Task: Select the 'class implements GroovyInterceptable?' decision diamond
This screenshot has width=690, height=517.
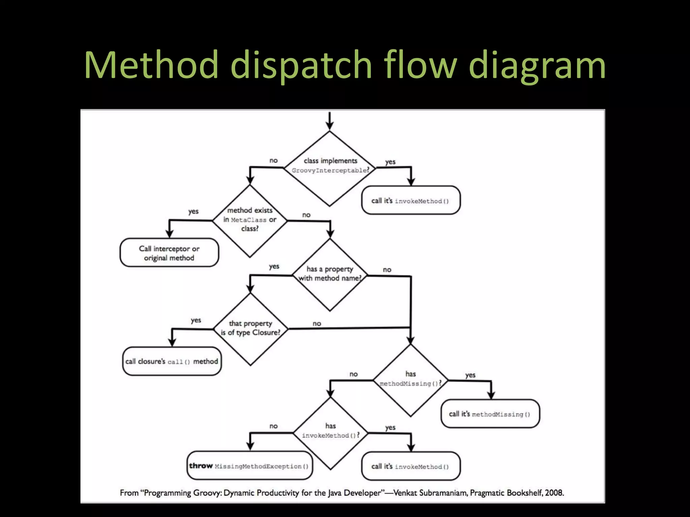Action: click(x=330, y=168)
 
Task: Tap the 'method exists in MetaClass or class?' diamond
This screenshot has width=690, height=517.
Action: click(x=250, y=220)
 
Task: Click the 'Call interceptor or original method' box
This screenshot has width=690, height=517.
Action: click(x=169, y=253)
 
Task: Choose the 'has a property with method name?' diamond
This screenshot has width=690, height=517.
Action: click(x=330, y=274)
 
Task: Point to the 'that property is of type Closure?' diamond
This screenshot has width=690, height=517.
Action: click(x=250, y=329)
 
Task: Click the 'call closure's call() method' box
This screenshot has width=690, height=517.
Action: click(x=172, y=361)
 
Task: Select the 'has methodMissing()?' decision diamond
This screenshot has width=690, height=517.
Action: click(x=410, y=380)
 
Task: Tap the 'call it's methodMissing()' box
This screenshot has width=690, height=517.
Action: click(x=490, y=414)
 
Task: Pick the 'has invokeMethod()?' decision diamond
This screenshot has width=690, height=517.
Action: click(x=331, y=433)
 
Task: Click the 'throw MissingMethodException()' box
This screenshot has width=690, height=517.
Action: click(x=249, y=466)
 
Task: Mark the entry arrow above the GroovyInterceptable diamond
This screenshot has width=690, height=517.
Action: click(x=330, y=120)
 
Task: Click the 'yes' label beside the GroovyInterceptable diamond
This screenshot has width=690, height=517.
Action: click(x=390, y=162)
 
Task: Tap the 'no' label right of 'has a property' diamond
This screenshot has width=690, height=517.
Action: click(x=387, y=270)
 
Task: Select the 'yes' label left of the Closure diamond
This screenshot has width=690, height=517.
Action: click(x=196, y=320)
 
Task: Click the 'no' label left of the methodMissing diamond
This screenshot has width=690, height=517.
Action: click(x=353, y=374)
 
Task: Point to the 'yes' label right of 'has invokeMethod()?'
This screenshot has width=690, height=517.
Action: click(x=390, y=427)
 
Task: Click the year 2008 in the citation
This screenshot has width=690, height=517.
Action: click(x=554, y=493)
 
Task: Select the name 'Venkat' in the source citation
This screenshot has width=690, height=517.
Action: click(x=405, y=493)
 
